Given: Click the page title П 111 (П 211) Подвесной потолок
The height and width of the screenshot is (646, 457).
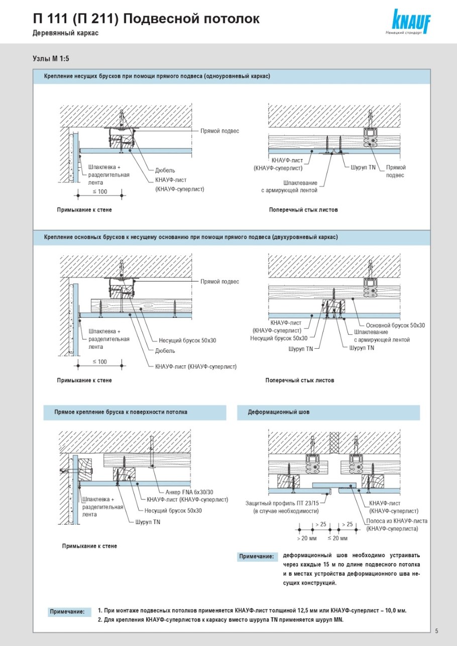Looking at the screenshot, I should (x=146, y=19).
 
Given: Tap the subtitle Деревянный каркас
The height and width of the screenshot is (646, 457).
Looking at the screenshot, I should (x=65, y=33).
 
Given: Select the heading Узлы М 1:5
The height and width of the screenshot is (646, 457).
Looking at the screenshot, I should (x=51, y=59).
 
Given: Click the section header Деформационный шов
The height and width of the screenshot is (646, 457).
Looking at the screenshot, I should (x=279, y=412).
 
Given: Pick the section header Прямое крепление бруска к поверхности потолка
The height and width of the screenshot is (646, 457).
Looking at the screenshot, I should (x=121, y=412).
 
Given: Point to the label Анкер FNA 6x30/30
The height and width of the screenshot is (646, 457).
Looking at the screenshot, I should (x=189, y=492).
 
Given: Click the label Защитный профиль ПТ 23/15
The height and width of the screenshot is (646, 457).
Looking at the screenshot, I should (x=286, y=503).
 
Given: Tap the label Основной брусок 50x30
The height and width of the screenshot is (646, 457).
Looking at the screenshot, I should (x=395, y=325).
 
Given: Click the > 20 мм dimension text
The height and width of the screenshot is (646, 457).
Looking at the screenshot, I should (x=306, y=538).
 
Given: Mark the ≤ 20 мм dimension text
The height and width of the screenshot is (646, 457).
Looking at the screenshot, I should (x=337, y=538).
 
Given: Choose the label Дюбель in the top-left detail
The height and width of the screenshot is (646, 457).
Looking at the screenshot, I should (x=165, y=171).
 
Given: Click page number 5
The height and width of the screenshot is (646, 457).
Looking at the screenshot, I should (x=436, y=631).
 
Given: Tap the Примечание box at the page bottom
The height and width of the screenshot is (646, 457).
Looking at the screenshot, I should (x=67, y=612).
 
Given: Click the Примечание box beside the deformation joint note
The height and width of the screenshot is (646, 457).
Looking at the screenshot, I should (x=256, y=557).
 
